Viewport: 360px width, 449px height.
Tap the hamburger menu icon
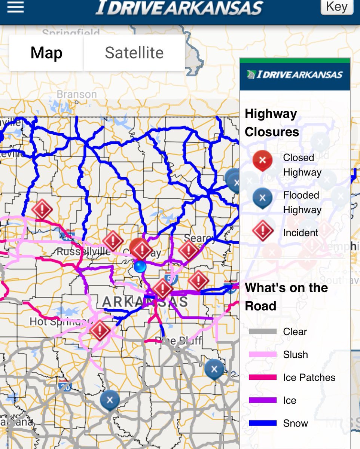(x=15, y=7)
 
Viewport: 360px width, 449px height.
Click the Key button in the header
(x=336, y=7)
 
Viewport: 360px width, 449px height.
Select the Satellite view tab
(x=134, y=53)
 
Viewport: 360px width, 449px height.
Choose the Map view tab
(x=46, y=53)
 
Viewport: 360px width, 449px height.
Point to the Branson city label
(x=77, y=95)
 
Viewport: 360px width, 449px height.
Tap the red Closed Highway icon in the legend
(x=262, y=160)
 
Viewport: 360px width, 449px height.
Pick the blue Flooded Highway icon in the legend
(x=262, y=197)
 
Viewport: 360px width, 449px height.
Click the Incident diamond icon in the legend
(x=262, y=231)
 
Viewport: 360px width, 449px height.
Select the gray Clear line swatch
(x=263, y=332)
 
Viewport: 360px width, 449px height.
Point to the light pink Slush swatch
(x=263, y=355)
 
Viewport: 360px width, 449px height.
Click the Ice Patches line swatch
(x=263, y=378)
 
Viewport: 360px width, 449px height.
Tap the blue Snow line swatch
(x=263, y=423)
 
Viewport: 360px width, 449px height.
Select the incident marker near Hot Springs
(x=100, y=330)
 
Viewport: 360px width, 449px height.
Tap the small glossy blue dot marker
(x=140, y=267)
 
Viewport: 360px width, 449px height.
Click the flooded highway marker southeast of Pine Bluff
(x=214, y=369)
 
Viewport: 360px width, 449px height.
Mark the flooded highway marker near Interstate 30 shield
(x=110, y=400)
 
